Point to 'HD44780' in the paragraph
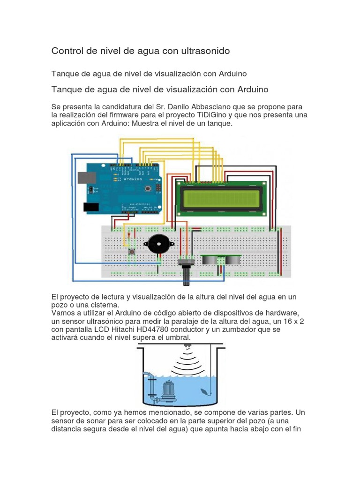(x=172, y=330)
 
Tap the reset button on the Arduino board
(x=149, y=188)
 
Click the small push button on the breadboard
(x=132, y=253)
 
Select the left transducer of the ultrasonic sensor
(x=210, y=260)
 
